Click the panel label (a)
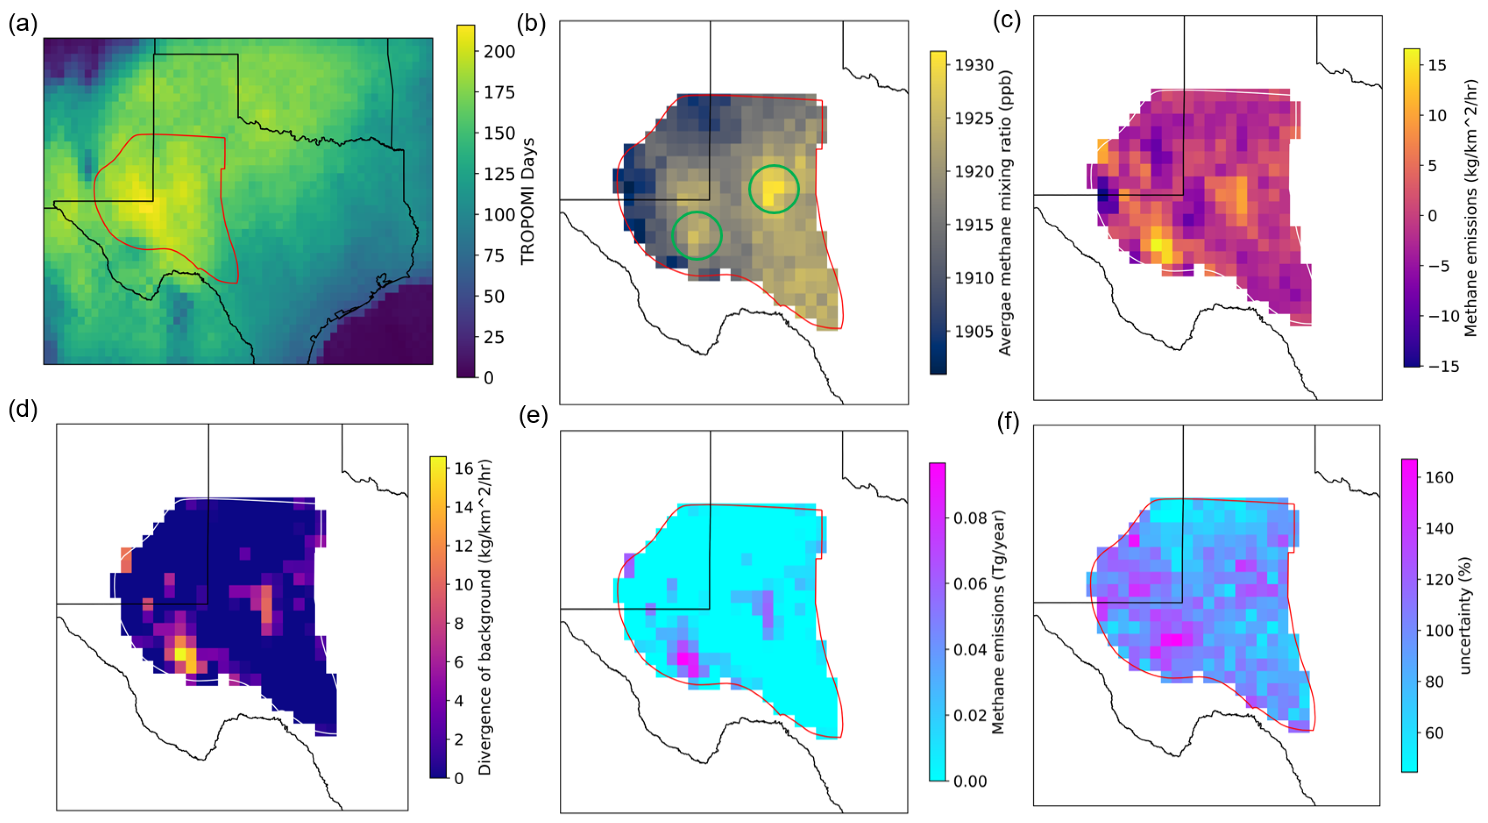pos(23,25)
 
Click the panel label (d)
pos(23,409)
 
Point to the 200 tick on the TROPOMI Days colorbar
pos(499,52)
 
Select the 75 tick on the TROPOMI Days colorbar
pos(494,256)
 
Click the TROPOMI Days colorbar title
pos(528,201)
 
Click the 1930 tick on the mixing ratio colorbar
pos(974,65)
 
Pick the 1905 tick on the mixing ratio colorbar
pos(974,332)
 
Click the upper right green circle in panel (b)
pos(773,189)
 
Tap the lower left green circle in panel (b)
pos(697,235)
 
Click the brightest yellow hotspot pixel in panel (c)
pos(1156,245)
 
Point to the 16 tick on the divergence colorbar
pos(463,469)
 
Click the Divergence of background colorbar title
pos(485,617)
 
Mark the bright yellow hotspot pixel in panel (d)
pos(180,654)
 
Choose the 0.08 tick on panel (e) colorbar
pos(970,518)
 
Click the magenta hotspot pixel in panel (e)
pos(683,658)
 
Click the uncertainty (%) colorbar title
pos(1465,615)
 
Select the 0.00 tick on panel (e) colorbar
pos(970,781)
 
